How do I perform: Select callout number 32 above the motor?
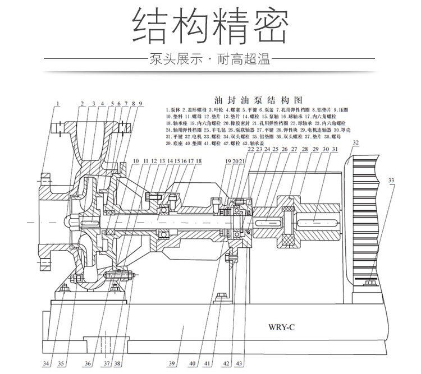355,144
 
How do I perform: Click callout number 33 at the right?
391,180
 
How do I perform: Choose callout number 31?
335,149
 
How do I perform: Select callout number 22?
250,149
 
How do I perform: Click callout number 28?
304,149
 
